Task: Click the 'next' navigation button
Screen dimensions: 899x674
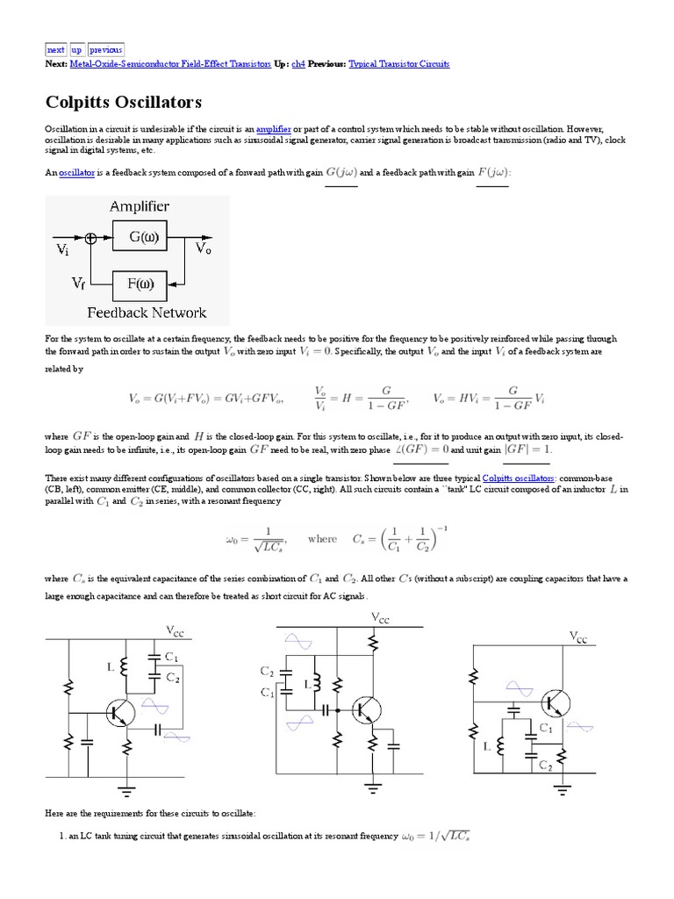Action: [x=55, y=50]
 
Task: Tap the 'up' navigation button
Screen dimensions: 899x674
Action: [x=76, y=50]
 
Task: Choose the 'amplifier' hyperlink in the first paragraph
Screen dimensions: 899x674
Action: [x=273, y=129]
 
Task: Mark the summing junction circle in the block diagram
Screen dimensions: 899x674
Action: [x=91, y=238]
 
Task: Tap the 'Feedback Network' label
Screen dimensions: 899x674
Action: [x=147, y=313]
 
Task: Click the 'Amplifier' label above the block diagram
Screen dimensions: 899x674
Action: [x=140, y=207]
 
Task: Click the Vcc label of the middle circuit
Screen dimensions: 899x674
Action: [x=376, y=618]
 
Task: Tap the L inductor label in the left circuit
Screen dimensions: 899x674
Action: [x=111, y=668]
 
